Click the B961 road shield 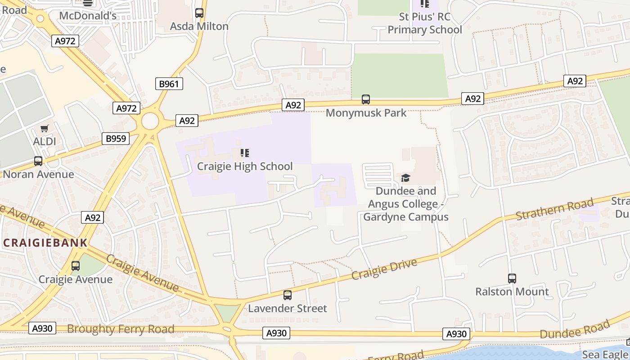pos(169,84)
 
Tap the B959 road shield pos(116,139)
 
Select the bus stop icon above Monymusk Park pos(366,99)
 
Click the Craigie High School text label pos(245,166)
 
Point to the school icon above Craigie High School pos(245,153)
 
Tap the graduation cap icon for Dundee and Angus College pos(406,178)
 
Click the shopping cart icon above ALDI pos(45,129)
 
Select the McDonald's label pos(88,16)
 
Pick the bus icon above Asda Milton pos(199,13)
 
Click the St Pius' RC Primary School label pos(425,24)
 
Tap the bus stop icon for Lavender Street pos(288,295)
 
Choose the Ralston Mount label pos(512,292)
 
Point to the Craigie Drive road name pos(384,269)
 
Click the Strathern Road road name pos(554,210)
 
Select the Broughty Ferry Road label pos(121,329)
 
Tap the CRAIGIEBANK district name pos(45,243)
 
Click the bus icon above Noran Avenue pos(38,161)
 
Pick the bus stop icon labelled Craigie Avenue pos(76,266)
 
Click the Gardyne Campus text pos(405,217)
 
